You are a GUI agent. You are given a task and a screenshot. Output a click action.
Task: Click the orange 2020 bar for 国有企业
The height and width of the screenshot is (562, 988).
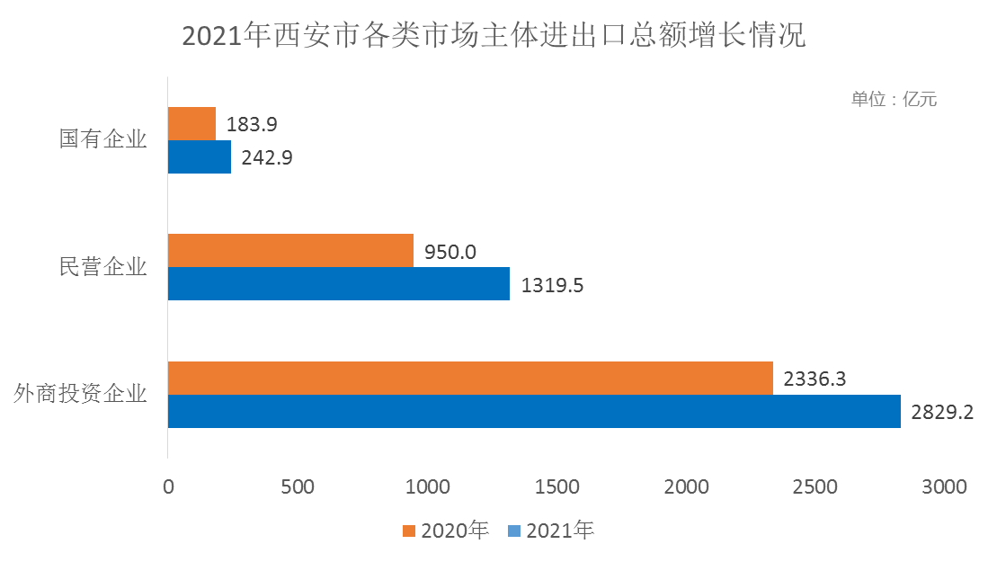pos(191,124)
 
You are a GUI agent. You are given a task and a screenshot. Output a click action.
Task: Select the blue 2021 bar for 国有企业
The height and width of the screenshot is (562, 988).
pos(200,157)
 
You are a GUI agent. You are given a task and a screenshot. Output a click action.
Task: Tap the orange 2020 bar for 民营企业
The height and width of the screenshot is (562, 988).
pos(291,251)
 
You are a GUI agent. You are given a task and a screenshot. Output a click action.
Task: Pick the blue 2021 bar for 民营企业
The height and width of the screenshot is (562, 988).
pos(339,284)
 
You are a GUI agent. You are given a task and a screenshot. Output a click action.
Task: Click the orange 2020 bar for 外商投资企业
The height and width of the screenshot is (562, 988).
pos(470,378)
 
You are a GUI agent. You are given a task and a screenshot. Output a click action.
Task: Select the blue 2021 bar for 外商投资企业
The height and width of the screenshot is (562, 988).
pos(534,411)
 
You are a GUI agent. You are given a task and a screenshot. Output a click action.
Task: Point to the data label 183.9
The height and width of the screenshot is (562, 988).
pos(252,124)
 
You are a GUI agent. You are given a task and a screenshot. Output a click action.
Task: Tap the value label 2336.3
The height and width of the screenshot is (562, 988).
pos(814,379)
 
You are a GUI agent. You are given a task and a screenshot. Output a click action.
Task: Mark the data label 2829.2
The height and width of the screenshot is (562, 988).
pos(941,412)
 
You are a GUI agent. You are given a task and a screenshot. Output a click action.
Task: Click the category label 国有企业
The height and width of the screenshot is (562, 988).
pos(102,140)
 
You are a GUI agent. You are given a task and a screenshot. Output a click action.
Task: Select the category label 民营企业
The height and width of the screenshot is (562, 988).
pos(102,267)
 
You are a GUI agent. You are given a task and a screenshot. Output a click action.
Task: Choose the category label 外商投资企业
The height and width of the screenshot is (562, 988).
pos(80,394)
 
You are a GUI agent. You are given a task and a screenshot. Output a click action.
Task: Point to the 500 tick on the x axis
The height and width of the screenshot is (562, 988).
pos(298,486)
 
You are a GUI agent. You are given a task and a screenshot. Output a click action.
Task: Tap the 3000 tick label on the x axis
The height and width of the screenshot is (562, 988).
pos(945,486)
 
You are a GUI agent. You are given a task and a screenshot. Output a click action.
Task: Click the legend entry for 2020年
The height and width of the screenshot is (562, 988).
pos(445,531)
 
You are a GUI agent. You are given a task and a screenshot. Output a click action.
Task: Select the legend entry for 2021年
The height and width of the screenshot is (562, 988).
pos(551,531)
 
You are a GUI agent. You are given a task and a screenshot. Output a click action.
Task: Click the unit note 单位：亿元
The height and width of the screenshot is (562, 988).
pos(894,99)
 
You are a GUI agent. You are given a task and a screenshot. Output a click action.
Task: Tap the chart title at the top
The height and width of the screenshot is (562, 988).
pos(494,37)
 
